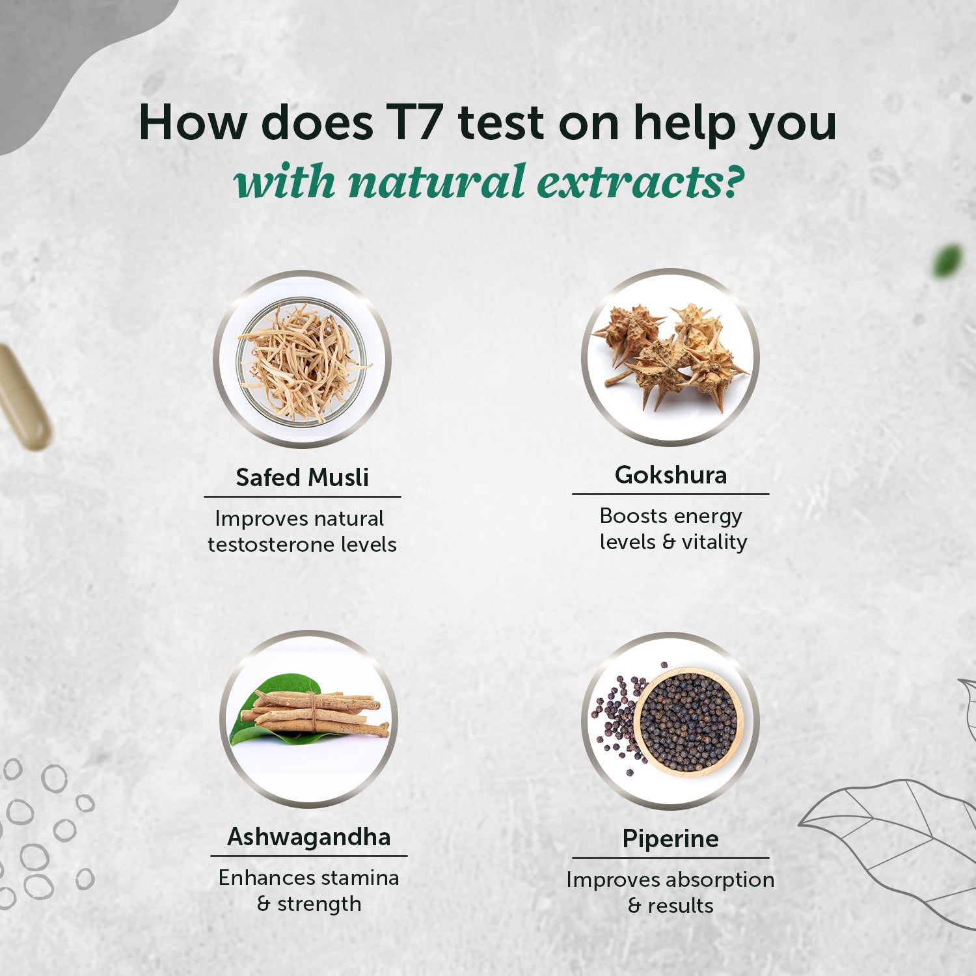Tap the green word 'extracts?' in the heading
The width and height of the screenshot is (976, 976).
(640, 182)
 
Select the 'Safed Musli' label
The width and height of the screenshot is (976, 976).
(302, 478)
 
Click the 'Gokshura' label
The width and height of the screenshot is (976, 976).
(670, 475)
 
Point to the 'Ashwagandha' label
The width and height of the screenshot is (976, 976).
(308, 837)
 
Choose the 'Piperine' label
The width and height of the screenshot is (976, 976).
(670, 839)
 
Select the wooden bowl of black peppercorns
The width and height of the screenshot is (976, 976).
(688, 722)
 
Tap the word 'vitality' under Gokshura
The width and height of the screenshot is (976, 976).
(714, 542)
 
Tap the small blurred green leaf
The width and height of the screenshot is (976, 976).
(947, 261)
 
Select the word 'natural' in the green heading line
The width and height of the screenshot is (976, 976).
(436, 182)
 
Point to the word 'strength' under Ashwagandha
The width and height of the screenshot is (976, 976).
(319, 904)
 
